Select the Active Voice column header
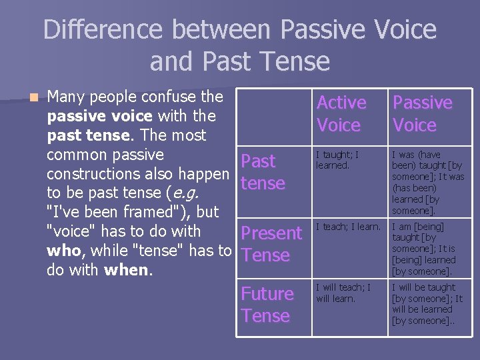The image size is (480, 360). [341, 113]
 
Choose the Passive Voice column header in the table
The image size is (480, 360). [422, 113]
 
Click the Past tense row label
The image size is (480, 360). [262, 172]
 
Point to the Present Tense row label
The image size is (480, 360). [271, 244]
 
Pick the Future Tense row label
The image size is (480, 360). [267, 305]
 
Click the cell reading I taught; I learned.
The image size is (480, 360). [337, 160]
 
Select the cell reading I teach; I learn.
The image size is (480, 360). [347, 227]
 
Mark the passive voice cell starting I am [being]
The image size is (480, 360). [424, 249]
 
